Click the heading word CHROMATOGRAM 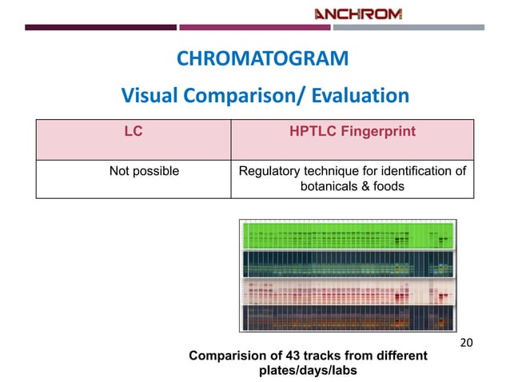(262, 59)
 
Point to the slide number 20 (468, 343)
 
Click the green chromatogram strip (348, 234)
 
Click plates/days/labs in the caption (308, 371)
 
